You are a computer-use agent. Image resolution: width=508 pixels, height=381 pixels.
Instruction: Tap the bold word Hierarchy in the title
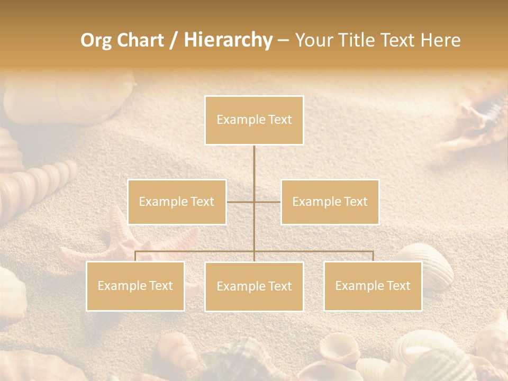[228, 40]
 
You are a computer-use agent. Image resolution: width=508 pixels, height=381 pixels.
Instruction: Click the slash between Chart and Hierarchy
[174, 40]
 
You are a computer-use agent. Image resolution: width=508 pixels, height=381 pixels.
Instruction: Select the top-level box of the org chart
[254, 120]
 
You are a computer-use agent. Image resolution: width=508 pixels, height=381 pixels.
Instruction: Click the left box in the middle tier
[177, 202]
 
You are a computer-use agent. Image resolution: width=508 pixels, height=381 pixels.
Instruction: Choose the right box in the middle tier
[330, 202]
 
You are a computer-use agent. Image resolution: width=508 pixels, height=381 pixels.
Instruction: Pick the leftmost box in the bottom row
[135, 286]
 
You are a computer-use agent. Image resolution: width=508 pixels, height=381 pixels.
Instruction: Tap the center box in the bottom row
[254, 286]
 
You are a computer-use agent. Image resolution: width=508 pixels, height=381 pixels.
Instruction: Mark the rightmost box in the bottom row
[373, 286]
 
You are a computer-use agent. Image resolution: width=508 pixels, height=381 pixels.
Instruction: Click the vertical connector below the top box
[254, 169]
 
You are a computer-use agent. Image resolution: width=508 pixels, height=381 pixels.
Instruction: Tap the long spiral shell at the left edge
[37, 185]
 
